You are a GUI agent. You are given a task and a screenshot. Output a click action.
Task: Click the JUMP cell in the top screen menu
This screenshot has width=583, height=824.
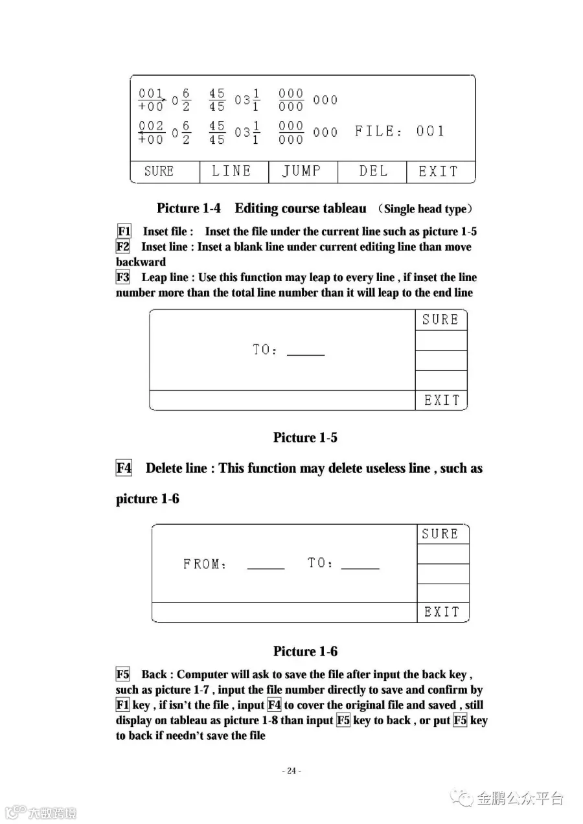click(303, 171)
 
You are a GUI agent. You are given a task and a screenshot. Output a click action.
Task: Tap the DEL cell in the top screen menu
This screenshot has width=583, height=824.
click(373, 171)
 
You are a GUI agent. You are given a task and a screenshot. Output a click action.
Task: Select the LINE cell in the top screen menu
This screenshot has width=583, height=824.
click(232, 171)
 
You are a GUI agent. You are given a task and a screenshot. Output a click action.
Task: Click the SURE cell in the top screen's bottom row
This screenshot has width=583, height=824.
click(159, 171)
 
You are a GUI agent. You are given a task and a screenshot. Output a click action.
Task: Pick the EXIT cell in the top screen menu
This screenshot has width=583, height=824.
click(439, 171)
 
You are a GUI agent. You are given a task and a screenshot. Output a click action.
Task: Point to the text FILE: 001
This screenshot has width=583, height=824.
click(400, 132)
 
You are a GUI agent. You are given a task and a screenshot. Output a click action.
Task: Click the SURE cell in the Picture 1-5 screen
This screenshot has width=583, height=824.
click(440, 320)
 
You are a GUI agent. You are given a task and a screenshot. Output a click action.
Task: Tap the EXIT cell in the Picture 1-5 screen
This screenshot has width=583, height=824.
click(442, 400)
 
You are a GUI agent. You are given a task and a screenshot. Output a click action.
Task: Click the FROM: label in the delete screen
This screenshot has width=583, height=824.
click(205, 564)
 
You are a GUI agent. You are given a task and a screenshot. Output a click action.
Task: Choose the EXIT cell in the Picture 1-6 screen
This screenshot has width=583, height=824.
click(442, 612)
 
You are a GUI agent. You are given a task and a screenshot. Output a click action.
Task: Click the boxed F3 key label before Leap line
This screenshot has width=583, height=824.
click(123, 277)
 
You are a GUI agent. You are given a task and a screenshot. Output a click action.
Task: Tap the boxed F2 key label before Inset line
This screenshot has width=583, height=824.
click(123, 247)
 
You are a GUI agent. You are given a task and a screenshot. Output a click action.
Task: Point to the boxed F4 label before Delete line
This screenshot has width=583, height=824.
click(124, 468)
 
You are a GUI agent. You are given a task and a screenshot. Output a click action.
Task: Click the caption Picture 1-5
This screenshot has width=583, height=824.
click(305, 437)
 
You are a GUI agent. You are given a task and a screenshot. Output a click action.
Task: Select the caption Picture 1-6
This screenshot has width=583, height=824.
click(305, 651)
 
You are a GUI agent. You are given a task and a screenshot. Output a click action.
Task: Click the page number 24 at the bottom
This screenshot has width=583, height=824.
click(291, 771)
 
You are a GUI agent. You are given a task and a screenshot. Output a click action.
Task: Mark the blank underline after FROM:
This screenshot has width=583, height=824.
click(266, 567)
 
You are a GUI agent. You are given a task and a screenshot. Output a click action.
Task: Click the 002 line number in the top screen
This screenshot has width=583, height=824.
click(152, 126)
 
